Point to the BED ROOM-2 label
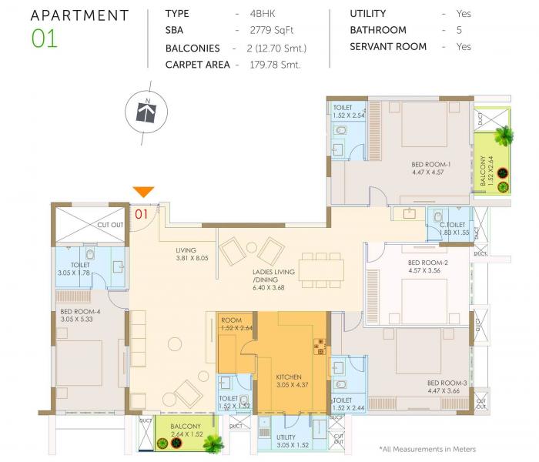click(x=427, y=266)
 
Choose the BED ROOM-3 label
click(x=447, y=387)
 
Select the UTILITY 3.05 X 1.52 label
click(x=292, y=441)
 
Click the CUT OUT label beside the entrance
click(x=110, y=225)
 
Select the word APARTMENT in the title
click(x=79, y=15)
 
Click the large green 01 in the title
click(x=45, y=39)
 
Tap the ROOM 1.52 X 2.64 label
click(x=235, y=323)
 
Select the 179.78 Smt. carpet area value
click(x=274, y=65)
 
